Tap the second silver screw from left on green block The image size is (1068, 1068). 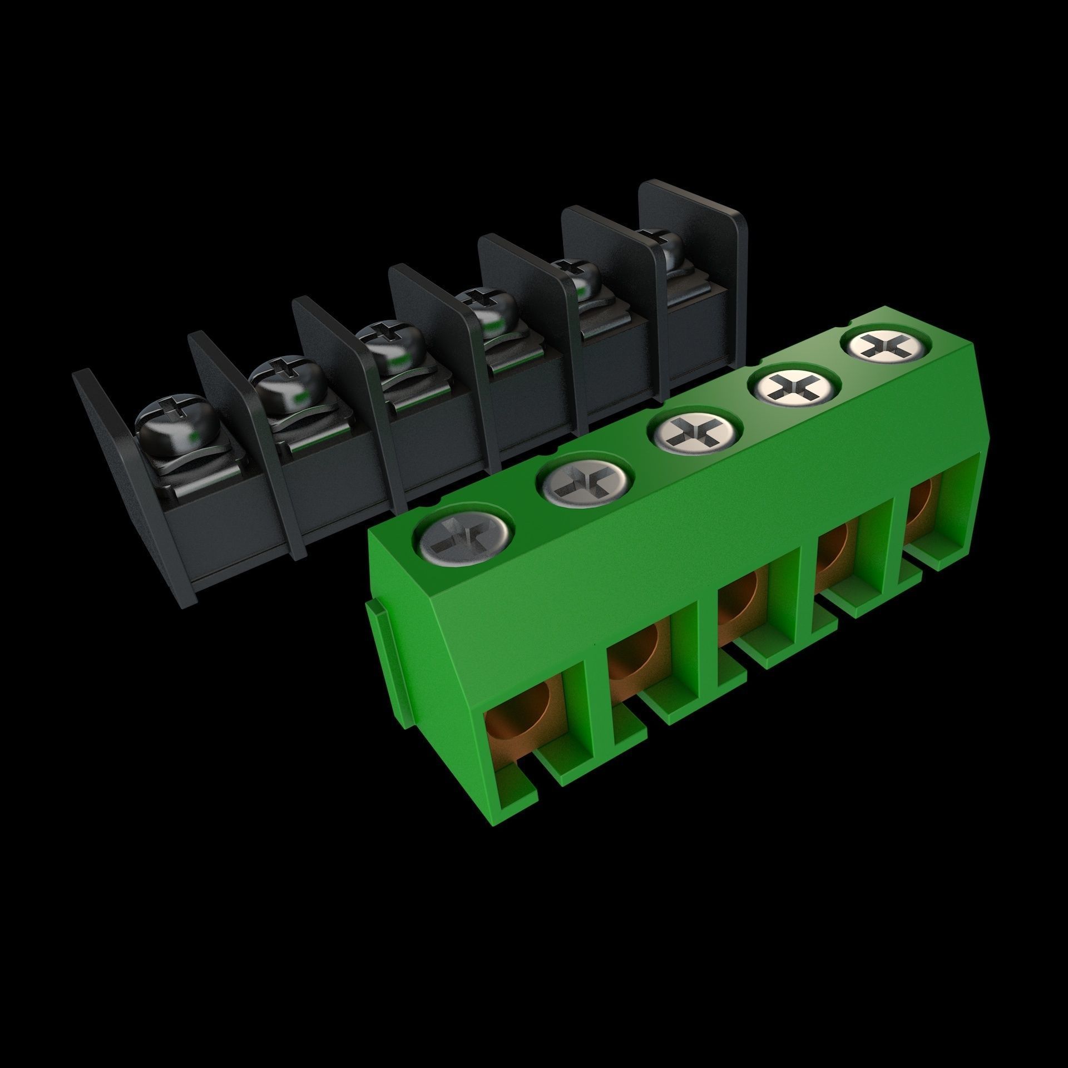(x=586, y=479)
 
